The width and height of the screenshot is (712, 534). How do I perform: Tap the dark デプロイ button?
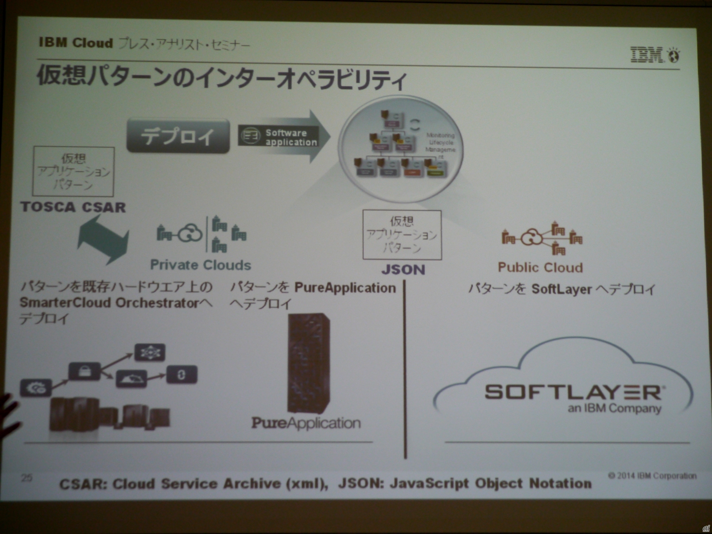point(178,136)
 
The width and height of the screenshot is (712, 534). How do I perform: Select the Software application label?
point(279,137)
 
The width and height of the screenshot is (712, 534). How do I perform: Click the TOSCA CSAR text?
point(73,207)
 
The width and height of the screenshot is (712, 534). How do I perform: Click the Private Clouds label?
point(201,265)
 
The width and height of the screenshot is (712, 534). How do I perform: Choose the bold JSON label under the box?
point(403,270)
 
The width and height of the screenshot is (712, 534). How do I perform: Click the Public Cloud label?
point(540,268)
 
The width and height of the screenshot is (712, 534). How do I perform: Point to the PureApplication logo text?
point(306,423)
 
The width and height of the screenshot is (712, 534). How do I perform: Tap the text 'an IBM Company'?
point(615,408)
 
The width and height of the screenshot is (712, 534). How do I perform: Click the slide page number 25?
point(27,477)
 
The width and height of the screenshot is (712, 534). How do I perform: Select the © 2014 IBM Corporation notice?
point(652,475)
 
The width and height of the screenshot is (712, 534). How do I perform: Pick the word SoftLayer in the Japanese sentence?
point(561,289)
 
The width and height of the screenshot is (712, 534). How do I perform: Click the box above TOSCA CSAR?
point(73,171)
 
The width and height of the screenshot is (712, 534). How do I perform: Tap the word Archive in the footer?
point(252,484)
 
